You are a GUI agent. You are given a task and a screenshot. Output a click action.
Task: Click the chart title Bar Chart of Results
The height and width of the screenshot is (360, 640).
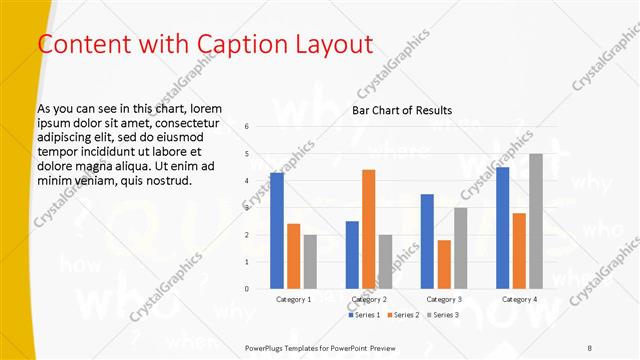pyautogui.click(x=402, y=110)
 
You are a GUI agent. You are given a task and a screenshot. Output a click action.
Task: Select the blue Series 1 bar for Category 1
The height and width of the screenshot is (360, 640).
pyautogui.click(x=277, y=231)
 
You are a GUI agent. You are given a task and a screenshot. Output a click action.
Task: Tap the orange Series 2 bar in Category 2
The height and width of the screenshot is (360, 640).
pyautogui.click(x=368, y=229)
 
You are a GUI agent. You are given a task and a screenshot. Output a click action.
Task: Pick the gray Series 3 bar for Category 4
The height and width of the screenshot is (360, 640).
pyautogui.click(x=535, y=221)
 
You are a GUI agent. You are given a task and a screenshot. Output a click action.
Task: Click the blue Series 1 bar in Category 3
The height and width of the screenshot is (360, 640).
pyautogui.click(x=427, y=241)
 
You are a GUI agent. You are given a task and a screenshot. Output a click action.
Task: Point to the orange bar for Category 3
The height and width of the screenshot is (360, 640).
pyautogui.click(x=444, y=264)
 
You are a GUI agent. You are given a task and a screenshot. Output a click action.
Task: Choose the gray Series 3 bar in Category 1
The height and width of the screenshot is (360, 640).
pyautogui.click(x=310, y=261)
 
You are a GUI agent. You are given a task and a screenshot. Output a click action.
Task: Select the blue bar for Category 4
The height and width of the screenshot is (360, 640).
pyautogui.click(x=502, y=228)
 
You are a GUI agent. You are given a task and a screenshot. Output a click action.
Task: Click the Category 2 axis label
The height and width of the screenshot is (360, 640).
pyautogui.click(x=369, y=299)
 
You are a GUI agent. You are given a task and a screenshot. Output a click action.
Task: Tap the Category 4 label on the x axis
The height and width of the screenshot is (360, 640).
pyautogui.click(x=519, y=299)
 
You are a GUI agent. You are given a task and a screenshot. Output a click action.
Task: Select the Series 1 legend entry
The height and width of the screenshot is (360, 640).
pyautogui.click(x=364, y=315)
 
